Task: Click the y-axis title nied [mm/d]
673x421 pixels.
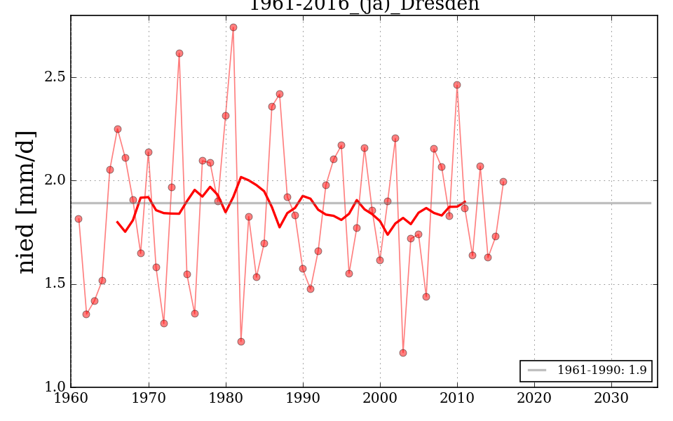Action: coord(27,202)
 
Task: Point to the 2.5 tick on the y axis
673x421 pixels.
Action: coord(53,77)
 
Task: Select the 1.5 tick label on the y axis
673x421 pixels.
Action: coord(53,284)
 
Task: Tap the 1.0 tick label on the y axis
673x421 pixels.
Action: coord(53,387)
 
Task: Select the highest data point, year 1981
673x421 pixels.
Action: coord(233,27)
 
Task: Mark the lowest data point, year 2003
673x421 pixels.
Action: coord(403,353)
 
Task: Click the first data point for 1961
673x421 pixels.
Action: coord(79,219)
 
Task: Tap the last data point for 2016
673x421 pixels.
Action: coord(503,182)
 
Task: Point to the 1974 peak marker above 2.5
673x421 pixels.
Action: coord(179,53)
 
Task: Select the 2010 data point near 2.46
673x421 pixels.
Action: coord(457,85)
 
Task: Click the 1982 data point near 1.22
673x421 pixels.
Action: coord(241,342)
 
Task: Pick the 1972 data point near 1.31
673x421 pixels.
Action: coord(164,323)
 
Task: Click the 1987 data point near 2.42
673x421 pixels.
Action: coord(280,94)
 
